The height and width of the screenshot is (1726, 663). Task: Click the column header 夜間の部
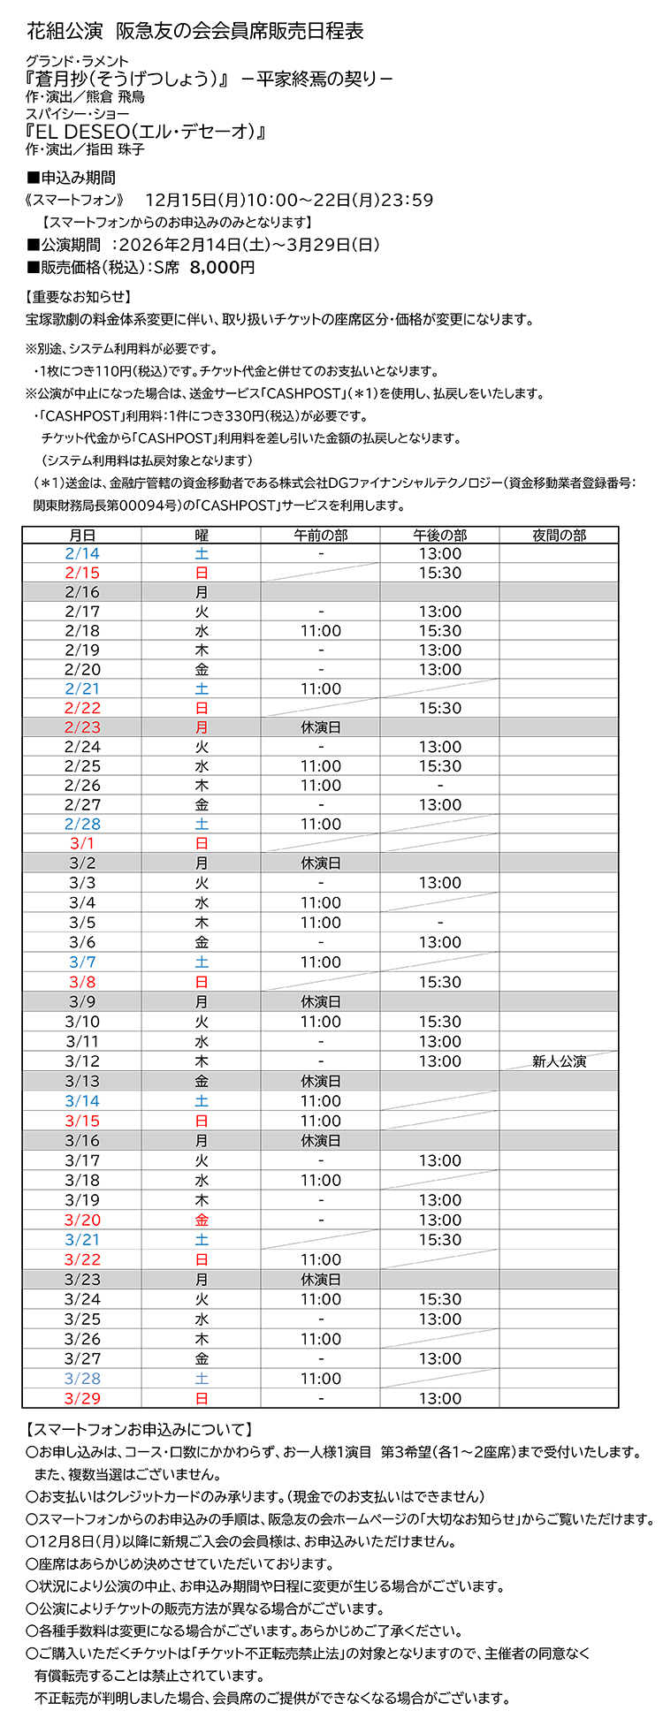tap(559, 535)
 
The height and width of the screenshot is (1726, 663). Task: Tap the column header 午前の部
tap(320, 535)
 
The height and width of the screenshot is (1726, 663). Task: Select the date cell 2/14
tap(82, 554)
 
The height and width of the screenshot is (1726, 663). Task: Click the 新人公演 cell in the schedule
tap(559, 1061)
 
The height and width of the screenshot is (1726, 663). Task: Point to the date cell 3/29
tap(82, 1398)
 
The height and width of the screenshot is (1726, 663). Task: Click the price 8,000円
tap(222, 267)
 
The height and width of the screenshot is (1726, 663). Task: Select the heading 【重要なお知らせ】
tap(79, 297)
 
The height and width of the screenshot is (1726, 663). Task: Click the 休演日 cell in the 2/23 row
tap(320, 727)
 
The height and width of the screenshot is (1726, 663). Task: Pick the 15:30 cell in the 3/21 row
tap(439, 1240)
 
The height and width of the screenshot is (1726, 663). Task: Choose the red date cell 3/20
tap(82, 1220)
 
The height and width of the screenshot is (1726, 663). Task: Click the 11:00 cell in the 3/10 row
tap(320, 1022)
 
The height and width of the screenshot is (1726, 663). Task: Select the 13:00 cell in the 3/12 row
tap(439, 1061)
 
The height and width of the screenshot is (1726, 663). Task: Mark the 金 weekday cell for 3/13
tap(202, 1081)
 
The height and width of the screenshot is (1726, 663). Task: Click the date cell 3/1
tap(82, 843)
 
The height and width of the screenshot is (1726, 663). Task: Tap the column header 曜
tap(202, 535)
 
